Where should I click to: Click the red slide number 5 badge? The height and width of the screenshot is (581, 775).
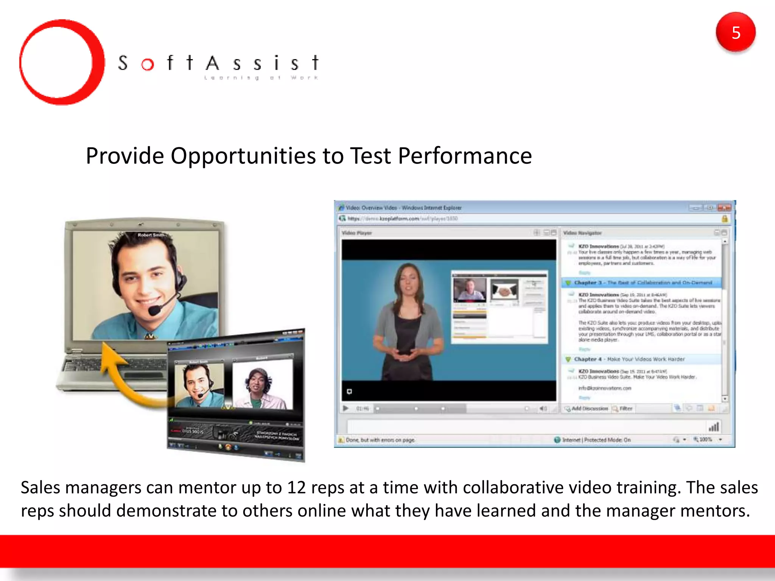[735, 33]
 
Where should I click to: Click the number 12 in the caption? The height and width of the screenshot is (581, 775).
[296, 488]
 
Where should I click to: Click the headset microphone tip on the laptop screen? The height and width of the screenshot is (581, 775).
[154, 311]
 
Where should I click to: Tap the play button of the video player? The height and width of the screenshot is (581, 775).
[345, 409]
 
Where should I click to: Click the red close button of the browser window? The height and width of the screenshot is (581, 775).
[724, 208]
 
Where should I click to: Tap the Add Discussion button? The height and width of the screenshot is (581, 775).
[586, 409]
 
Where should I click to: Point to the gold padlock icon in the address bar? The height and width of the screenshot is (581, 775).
[724, 219]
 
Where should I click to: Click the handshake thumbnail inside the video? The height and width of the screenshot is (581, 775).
[504, 290]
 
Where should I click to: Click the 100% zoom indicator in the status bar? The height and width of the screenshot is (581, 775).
[705, 440]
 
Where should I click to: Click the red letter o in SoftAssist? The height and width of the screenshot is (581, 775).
[148, 65]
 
